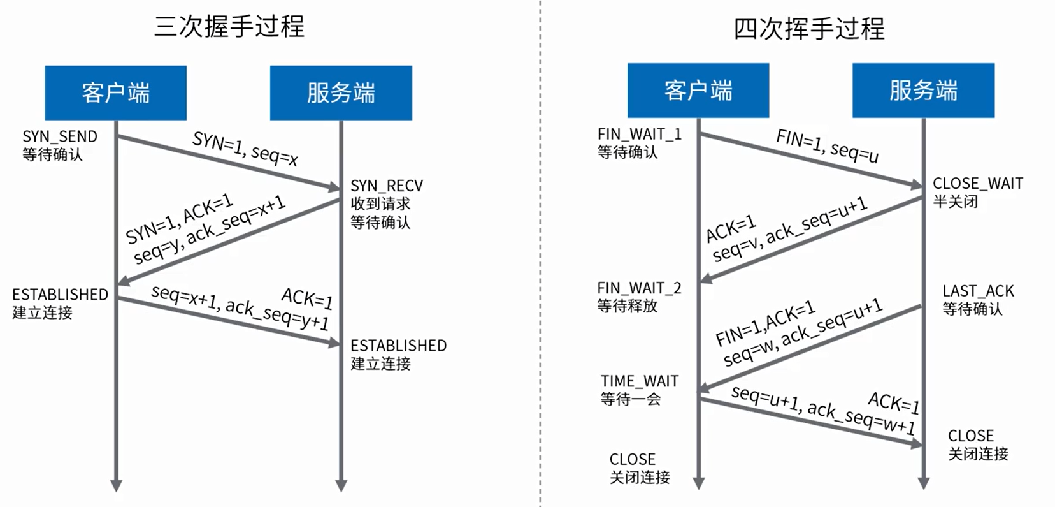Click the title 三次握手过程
229,27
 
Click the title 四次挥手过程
809,29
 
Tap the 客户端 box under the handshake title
116,93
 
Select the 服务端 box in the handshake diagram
341,93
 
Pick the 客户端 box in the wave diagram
698,91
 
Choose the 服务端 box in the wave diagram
923,91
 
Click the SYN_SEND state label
60,136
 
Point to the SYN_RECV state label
387,186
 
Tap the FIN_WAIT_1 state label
639,134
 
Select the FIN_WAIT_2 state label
639,288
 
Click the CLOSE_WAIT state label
978,184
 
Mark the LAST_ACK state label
978,291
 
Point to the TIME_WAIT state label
639,381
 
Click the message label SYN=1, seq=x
245,149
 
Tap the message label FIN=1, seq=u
827,145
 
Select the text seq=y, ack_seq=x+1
210,233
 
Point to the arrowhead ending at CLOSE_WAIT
917,185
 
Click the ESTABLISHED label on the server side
398,346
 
